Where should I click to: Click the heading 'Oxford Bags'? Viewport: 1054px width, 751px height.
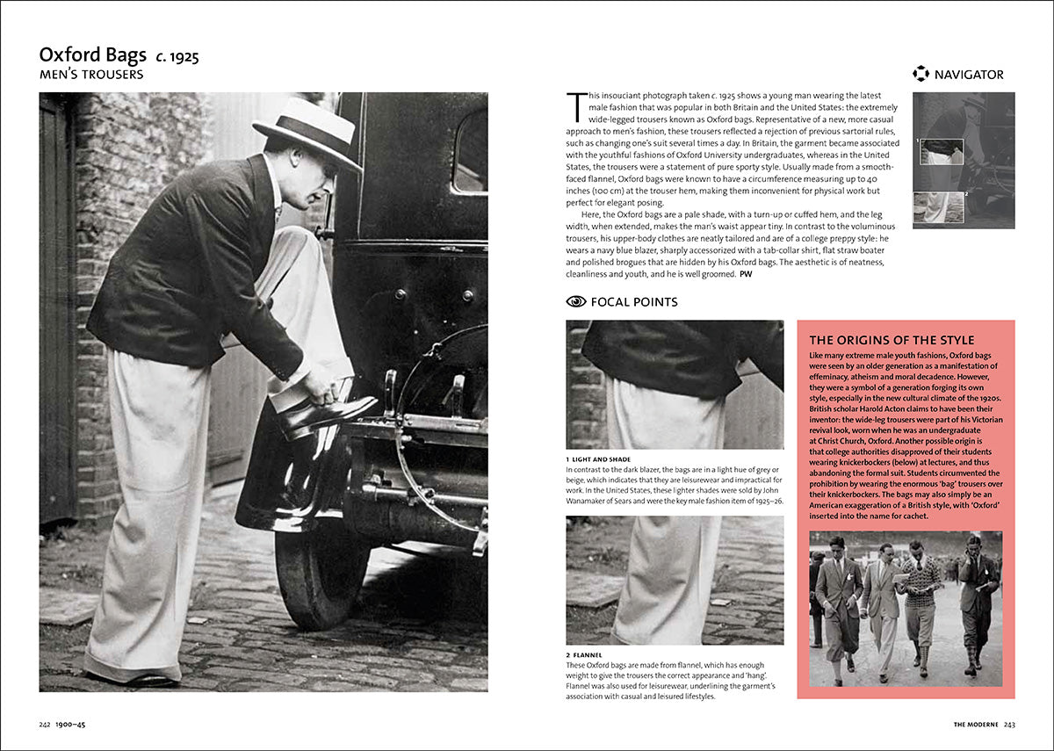pyautogui.click(x=91, y=55)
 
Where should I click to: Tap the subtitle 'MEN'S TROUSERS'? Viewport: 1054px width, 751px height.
pyautogui.click(x=91, y=75)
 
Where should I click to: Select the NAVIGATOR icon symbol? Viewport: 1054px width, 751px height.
pyautogui.click(x=920, y=74)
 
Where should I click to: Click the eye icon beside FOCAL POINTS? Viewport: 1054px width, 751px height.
pyautogui.click(x=576, y=301)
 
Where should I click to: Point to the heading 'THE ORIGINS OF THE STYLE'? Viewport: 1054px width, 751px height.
pyautogui.click(x=892, y=340)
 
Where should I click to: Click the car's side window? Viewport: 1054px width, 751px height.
pyautogui.click(x=470, y=150)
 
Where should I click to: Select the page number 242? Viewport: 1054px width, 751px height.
pyautogui.click(x=44, y=725)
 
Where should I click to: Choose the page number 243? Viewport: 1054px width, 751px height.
pyautogui.click(x=1009, y=725)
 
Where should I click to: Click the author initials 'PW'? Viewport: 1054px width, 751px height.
pyautogui.click(x=746, y=274)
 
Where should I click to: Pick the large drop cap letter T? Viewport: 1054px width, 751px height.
pyautogui.click(x=575, y=107)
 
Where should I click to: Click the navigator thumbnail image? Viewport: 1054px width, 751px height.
pyautogui.click(x=964, y=160)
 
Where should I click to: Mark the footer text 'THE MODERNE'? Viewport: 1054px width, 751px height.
pyautogui.click(x=976, y=725)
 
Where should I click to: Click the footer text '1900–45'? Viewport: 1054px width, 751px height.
pyautogui.click(x=70, y=725)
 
